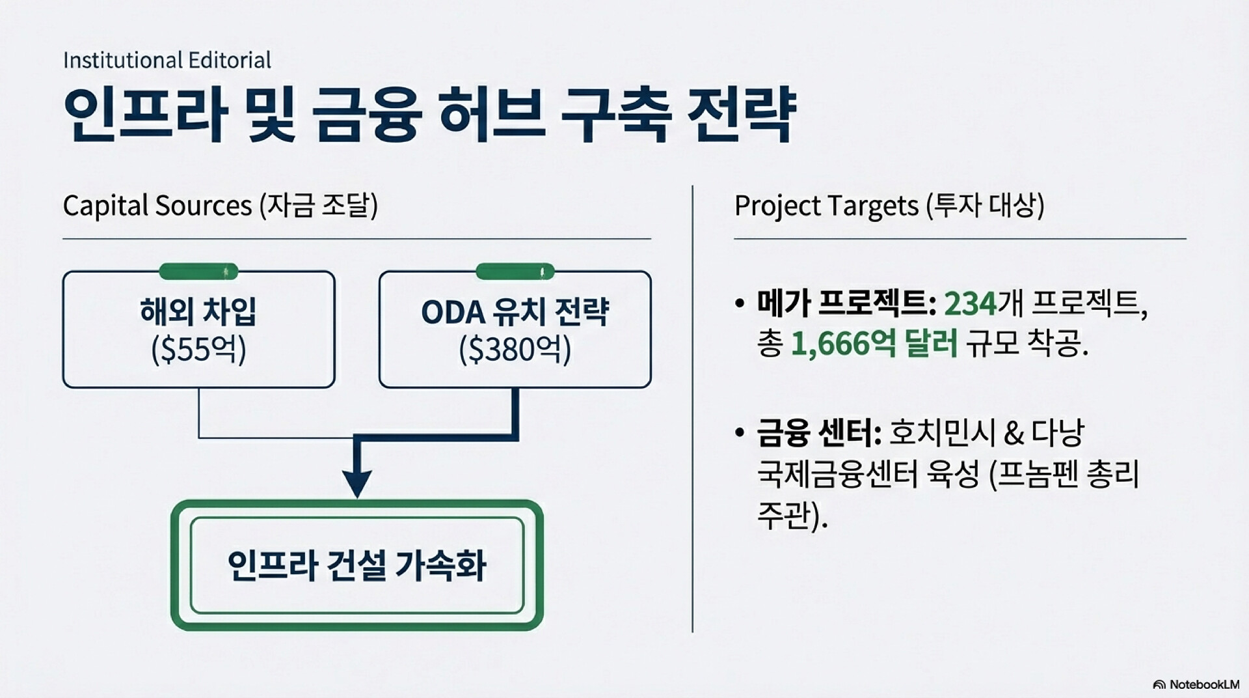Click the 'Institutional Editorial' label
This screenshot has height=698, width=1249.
[167, 61]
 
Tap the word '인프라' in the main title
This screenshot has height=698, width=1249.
[145, 114]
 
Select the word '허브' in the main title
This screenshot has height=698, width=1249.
[490, 114]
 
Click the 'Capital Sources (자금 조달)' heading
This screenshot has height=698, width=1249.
[220, 206]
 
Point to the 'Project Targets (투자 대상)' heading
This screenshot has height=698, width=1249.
[889, 206]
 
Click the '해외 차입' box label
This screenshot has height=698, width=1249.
[198, 311]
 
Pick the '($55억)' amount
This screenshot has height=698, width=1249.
[198, 350]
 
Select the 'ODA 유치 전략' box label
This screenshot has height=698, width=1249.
[515, 311]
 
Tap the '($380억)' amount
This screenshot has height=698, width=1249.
[515, 350]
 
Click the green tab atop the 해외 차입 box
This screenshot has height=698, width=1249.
[198, 271]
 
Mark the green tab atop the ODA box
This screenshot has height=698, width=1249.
[515, 271]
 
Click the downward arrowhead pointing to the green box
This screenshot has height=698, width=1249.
[357, 483]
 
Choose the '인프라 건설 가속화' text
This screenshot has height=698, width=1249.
[356, 565]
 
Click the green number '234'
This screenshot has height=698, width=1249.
[970, 303]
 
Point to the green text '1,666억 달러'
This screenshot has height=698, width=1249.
[874, 344]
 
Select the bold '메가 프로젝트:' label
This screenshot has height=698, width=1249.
[846, 303]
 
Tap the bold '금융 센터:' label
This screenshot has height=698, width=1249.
[818, 433]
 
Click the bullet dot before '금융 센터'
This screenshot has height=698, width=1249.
[739, 433]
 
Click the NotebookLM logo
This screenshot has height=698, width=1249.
[1196, 684]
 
